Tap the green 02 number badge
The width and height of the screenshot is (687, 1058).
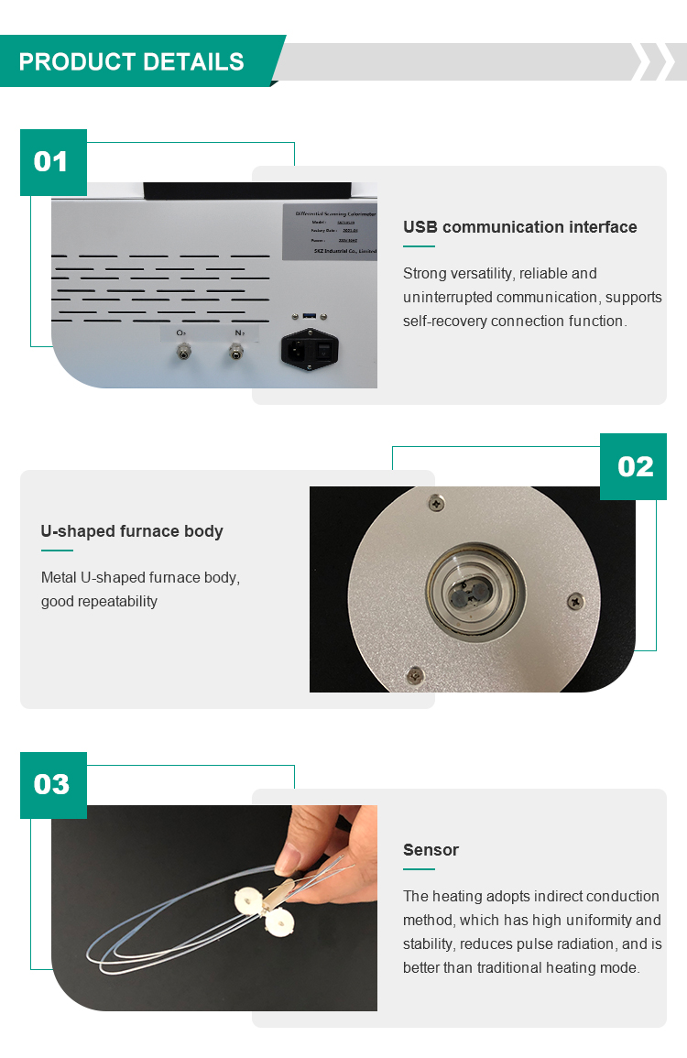634,466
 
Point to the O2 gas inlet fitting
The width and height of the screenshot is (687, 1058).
182,352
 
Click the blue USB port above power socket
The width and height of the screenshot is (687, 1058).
309,317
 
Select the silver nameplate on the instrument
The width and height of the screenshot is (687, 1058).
330,229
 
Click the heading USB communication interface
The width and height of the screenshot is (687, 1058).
519,227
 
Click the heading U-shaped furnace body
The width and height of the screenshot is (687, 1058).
132,531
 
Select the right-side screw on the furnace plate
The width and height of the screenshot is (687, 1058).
574,600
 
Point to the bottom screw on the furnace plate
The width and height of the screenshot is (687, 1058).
414,674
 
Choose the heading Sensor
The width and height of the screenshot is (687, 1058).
431,850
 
